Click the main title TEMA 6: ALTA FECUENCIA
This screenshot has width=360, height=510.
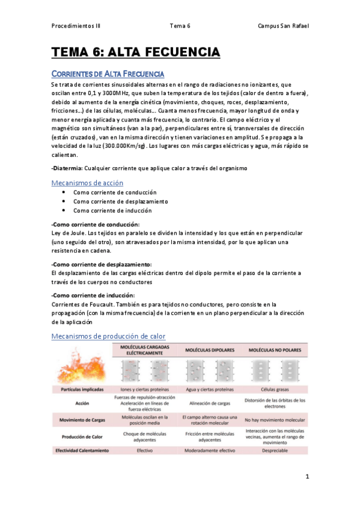coord(136,53)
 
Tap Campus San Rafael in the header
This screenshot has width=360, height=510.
coord(282,26)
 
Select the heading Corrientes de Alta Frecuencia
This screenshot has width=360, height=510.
coord(108,74)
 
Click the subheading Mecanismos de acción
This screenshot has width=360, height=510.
coord(88,183)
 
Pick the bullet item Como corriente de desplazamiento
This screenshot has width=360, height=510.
coord(120,201)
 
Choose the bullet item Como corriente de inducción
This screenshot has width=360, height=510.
coord(112,210)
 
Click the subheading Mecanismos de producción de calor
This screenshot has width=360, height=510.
coord(108,336)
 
